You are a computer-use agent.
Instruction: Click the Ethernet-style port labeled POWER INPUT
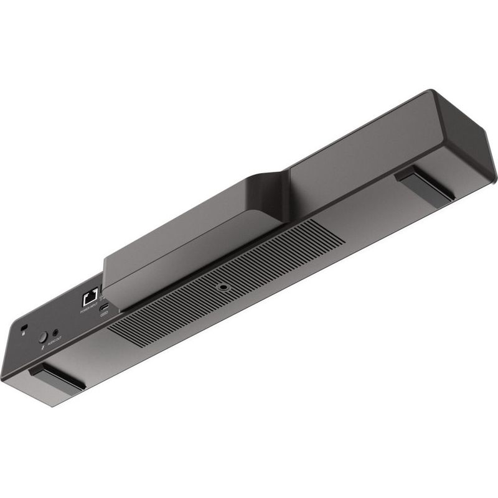point(88,297)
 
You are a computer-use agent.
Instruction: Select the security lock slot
point(24,327)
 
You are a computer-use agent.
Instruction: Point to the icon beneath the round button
point(41,349)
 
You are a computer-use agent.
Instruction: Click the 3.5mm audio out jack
point(56,332)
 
